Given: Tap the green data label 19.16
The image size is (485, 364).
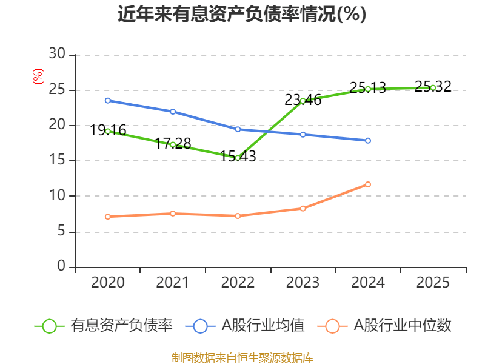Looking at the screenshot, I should coord(109,130).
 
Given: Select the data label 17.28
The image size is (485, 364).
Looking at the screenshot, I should coord(173,144).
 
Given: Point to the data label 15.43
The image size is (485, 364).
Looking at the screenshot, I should coord(238,157).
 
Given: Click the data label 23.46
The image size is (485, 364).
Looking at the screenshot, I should coord(303,100).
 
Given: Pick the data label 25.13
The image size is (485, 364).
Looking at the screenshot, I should coord(368,88).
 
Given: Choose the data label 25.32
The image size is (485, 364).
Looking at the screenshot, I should coord(433,87).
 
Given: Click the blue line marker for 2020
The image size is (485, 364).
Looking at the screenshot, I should coord(108,101).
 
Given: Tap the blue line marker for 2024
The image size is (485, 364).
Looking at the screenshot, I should coord(368,141).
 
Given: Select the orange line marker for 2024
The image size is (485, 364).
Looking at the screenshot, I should coord(368,184).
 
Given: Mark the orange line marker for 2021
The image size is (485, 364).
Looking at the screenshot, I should coord(173,214).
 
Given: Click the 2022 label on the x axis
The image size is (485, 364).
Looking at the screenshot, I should coord(238,283).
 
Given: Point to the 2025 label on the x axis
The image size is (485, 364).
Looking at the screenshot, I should coord(433,283).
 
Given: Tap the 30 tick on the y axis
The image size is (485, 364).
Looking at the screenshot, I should coord(58,55).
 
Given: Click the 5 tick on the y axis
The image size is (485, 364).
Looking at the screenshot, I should coord(61,232).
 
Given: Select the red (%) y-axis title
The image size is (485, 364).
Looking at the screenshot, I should coord(38,76).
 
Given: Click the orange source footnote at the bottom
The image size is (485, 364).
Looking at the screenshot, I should coord(242,357).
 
